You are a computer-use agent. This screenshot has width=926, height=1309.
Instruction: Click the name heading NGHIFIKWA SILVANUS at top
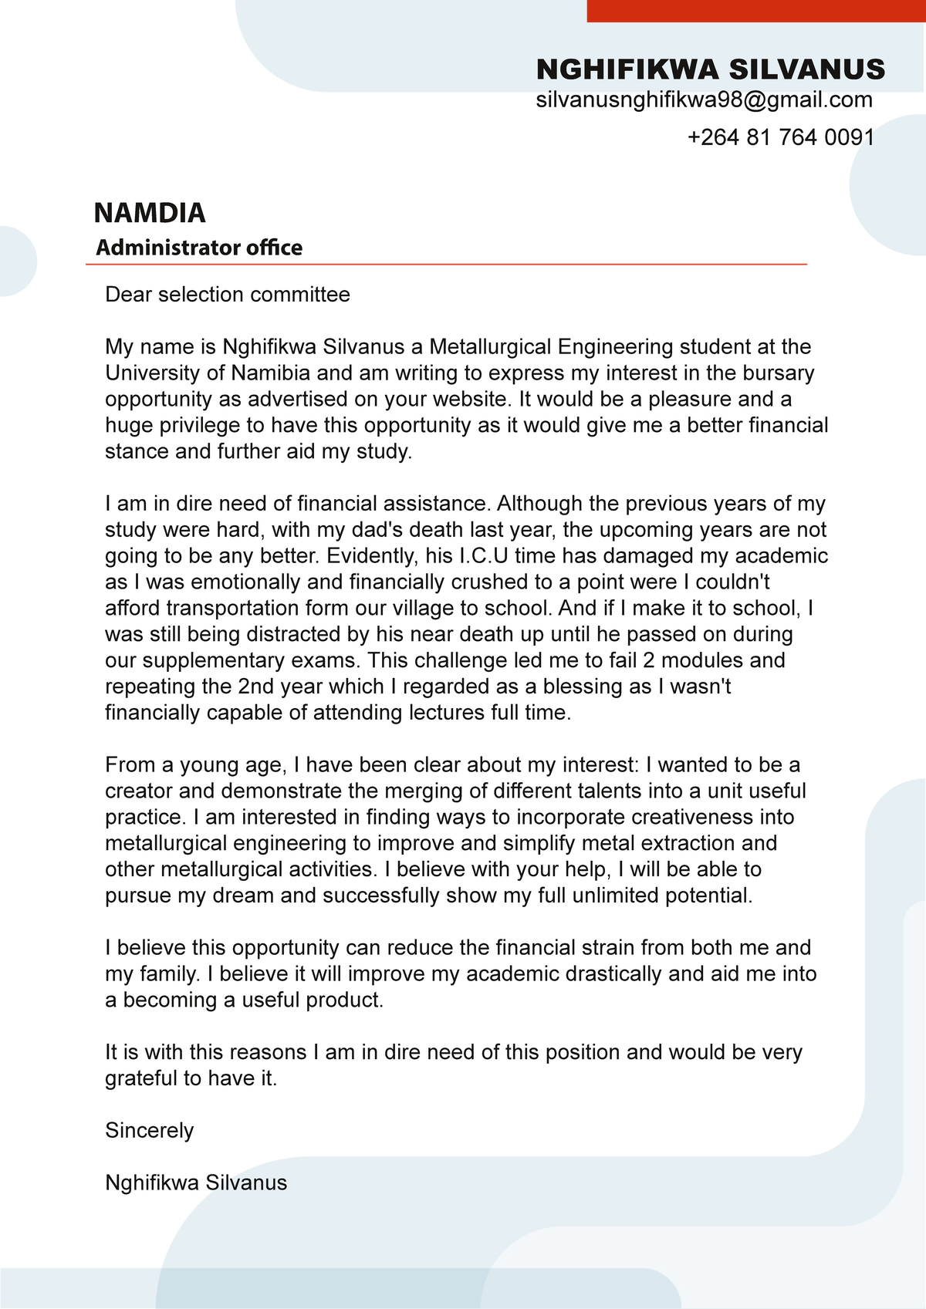[x=710, y=69]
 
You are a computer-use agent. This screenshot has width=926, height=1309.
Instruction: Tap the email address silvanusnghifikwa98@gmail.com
[x=704, y=100]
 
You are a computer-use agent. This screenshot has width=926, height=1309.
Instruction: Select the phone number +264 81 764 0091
[x=780, y=137]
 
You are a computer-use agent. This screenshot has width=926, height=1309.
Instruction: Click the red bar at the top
[x=756, y=10]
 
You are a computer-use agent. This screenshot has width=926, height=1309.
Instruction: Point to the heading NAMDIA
[x=150, y=213]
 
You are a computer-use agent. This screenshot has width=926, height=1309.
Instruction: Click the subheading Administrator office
[x=199, y=248]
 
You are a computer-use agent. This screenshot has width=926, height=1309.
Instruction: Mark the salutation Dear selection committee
[x=228, y=295]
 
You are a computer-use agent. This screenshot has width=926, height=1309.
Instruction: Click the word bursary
[x=778, y=373]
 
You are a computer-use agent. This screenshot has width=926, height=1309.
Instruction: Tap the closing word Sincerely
[x=150, y=1131]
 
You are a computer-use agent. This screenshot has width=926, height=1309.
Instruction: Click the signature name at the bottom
[x=196, y=1183]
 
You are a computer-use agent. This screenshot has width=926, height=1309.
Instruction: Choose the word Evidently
[x=371, y=556]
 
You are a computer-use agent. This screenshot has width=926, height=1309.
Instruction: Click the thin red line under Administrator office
[x=446, y=265]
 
